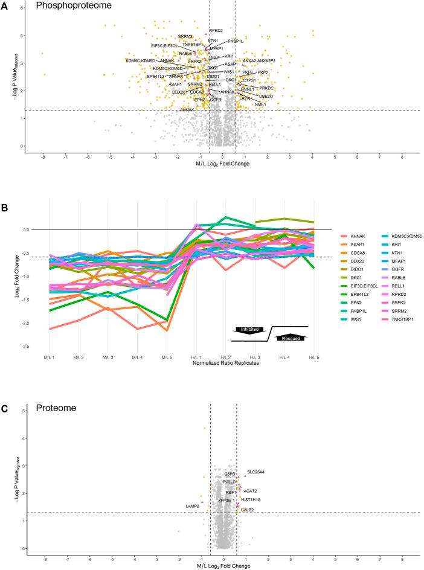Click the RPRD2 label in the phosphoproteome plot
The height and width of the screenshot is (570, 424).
216,31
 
